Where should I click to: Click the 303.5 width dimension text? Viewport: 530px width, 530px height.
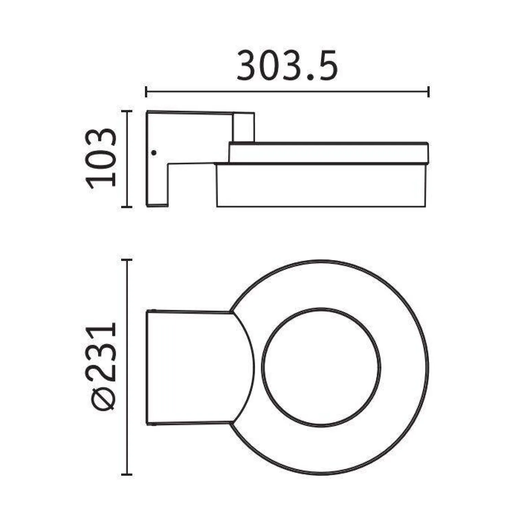[x=287, y=66]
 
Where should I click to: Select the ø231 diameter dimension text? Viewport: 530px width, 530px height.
[x=102, y=367]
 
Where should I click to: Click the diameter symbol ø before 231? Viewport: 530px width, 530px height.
[x=103, y=399]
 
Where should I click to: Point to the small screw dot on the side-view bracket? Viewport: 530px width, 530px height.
[x=154, y=152]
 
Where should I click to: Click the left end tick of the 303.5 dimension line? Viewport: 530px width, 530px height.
[x=146, y=92]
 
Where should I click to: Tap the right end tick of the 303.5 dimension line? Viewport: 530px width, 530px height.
[x=428, y=92]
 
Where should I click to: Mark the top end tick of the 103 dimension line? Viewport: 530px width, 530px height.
[x=127, y=111]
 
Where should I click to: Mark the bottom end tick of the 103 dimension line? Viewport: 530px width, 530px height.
[x=127, y=207]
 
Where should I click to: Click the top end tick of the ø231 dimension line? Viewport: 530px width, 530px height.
[x=127, y=260]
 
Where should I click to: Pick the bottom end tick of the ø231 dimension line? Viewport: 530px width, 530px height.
[x=127, y=475]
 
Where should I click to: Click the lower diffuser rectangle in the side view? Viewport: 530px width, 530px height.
[x=321, y=186]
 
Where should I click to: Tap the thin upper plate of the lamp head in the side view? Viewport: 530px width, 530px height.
[x=329, y=153]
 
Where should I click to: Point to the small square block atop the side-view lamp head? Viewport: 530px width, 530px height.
[x=244, y=127]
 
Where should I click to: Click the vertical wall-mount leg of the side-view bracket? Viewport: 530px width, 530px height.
[x=157, y=182]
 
